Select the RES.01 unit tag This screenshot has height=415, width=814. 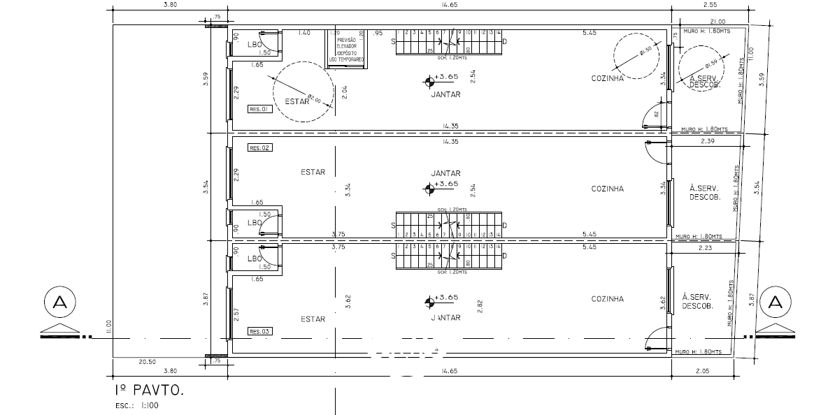coord(259,109)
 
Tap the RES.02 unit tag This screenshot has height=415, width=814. coord(259,148)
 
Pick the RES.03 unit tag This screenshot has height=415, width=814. coord(259,332)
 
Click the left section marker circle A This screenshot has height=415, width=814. coord(59,302)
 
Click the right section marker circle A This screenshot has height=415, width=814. coord(775,302)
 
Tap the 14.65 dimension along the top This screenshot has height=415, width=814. coord(449,6)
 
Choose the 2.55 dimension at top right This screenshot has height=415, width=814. coord(708,6)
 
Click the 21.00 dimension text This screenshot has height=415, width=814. coord(717,22)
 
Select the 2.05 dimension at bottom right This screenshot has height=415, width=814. coord(703,372)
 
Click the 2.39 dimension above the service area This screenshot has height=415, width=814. coord(707,141)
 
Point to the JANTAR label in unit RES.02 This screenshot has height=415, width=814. coord(445,173)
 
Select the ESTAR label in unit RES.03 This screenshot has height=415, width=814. coord(313,319)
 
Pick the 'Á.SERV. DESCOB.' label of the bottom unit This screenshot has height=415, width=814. coord(697,302)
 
